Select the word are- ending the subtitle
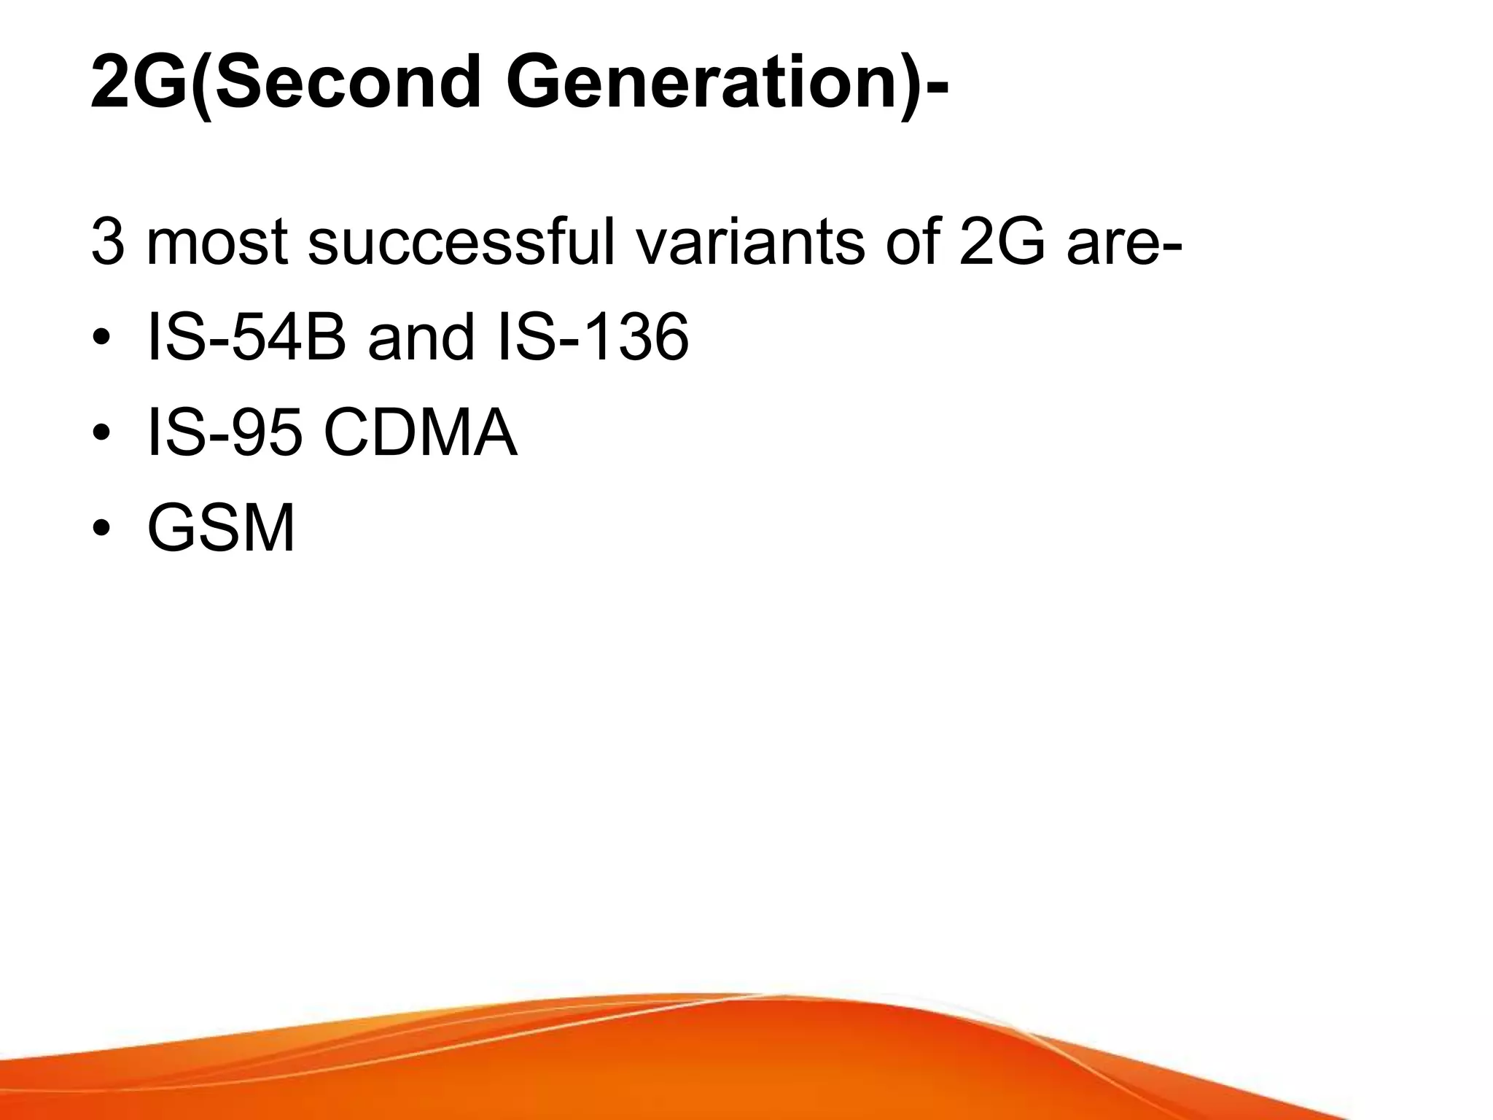pos(1123,245)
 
